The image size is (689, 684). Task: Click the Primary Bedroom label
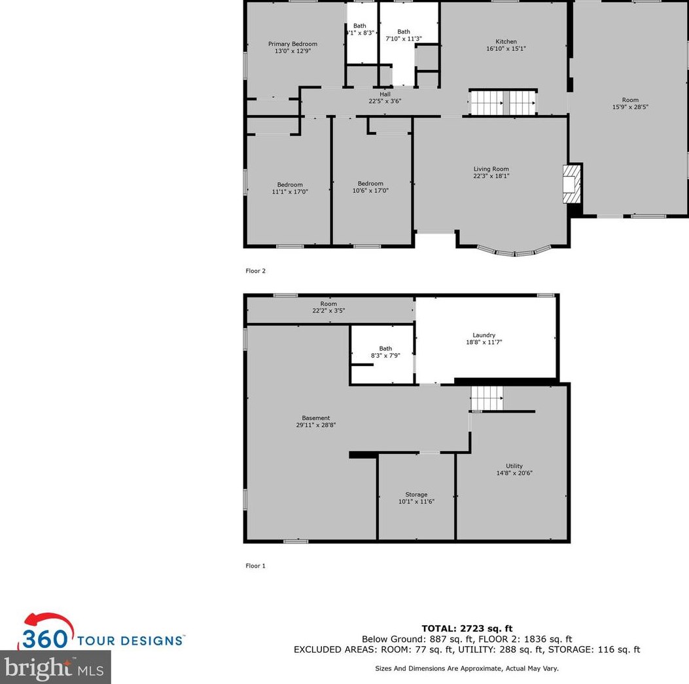point(292,44)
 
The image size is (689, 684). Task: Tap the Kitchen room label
point(506,41)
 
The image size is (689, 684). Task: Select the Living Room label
point(491,169)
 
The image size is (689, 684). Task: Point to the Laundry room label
point(484,335)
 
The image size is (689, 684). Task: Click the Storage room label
point(416,494)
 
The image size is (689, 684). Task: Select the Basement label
point(316,418)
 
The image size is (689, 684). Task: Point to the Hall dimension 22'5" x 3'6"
point(385,101)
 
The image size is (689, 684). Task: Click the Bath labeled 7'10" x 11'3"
point(404,31)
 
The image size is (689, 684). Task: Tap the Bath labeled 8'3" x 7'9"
point(385,349)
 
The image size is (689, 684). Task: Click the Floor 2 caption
point(255,271)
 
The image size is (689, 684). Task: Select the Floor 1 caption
point(255,566)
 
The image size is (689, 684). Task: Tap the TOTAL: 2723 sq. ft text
point(467,629)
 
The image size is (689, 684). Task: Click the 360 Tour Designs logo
point(101,633)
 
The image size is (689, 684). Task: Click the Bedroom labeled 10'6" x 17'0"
point(370,184)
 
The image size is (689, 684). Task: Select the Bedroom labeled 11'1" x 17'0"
point(290,184)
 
